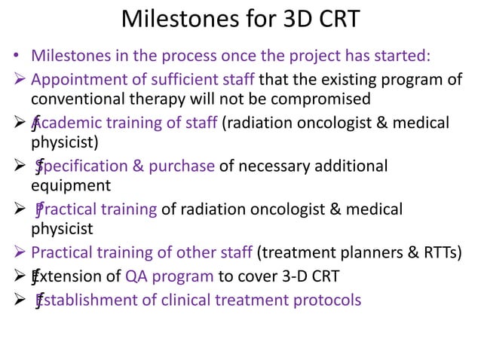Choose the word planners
(x=366, y=252)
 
